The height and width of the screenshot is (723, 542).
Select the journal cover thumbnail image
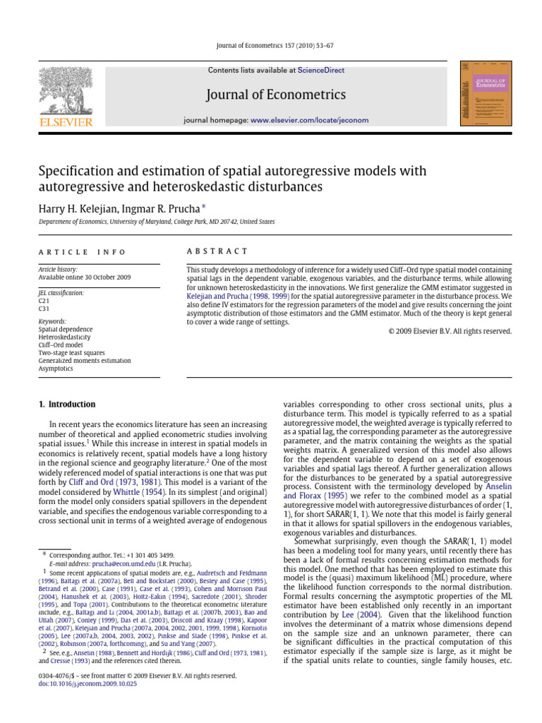484,93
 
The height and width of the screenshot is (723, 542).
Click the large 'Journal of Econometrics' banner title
275,95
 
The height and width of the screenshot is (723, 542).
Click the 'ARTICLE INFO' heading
82,251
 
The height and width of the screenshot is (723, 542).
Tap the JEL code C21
44,300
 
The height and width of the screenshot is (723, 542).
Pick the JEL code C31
44,308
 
